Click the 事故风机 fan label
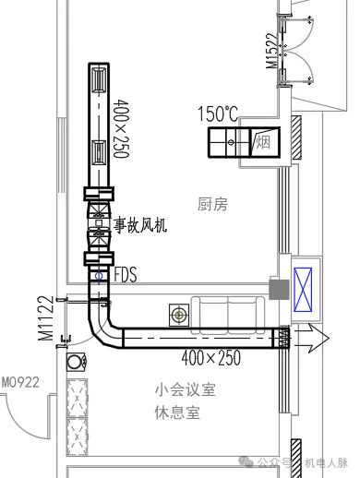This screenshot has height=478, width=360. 140,224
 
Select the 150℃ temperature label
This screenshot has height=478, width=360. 217,114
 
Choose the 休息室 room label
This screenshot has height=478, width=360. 178,412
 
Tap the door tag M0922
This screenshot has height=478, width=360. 18,381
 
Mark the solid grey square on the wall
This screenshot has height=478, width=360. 276,289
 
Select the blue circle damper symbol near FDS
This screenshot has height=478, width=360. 99,275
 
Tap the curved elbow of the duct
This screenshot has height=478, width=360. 103,330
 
